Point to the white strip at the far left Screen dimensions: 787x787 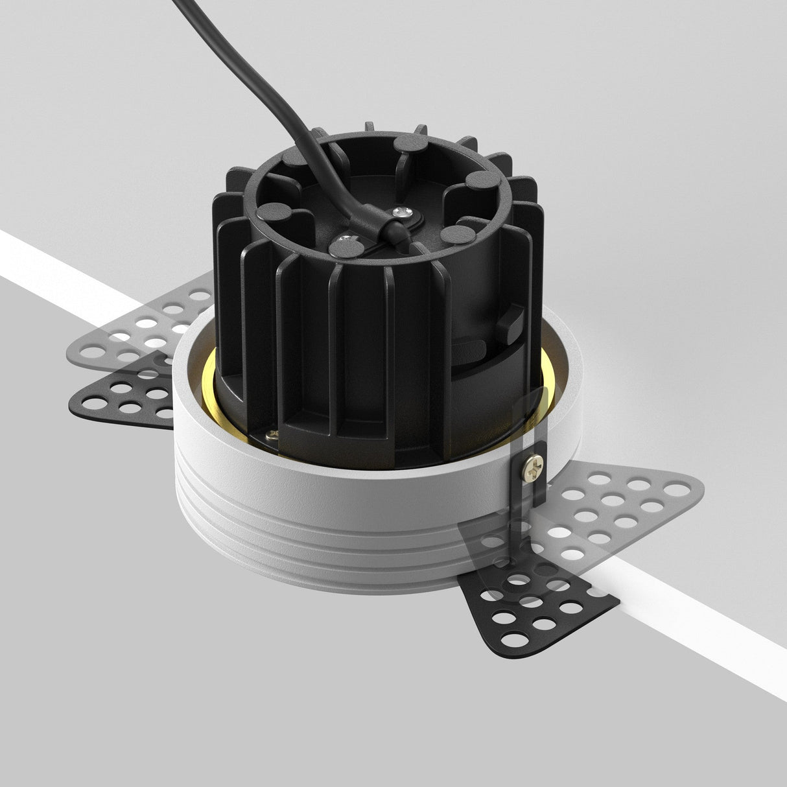coord(39,259)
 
